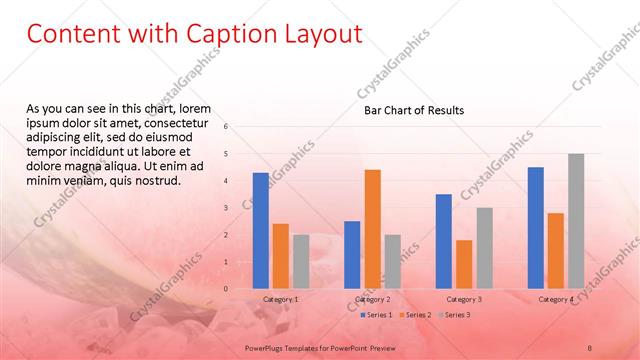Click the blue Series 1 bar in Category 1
pos(260,231)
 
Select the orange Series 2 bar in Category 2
pos(372,229)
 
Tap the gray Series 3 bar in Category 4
pos(576,221)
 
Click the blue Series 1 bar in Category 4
pos(535,228)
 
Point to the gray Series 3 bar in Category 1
pos(301,262)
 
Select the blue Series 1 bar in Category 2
pos(352,255)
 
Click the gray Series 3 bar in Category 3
pos(484,248)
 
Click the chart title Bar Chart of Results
pos(413,111)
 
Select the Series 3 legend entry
pos(454,315)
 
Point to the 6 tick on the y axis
pos(226,127)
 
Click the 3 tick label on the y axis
pos(226,208)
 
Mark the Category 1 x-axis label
pos(280,299)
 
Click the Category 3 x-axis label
pos(464,299)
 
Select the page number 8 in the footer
pos(590,347)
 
